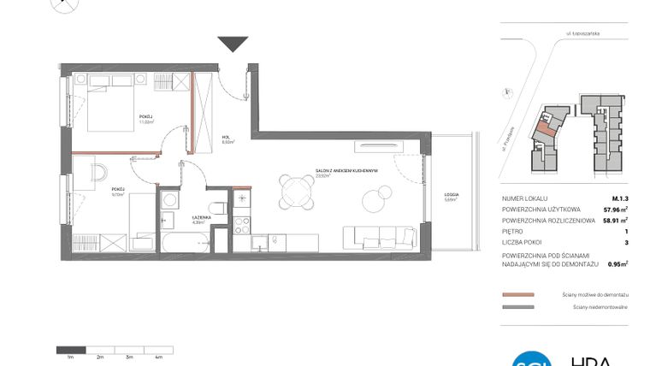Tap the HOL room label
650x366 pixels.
coord(227,137)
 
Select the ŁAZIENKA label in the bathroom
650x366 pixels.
coord(201,218)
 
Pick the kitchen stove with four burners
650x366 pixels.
coord(242,232)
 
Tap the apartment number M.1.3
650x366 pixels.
coord(618,198)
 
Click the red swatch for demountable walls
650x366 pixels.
coord(518,294)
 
